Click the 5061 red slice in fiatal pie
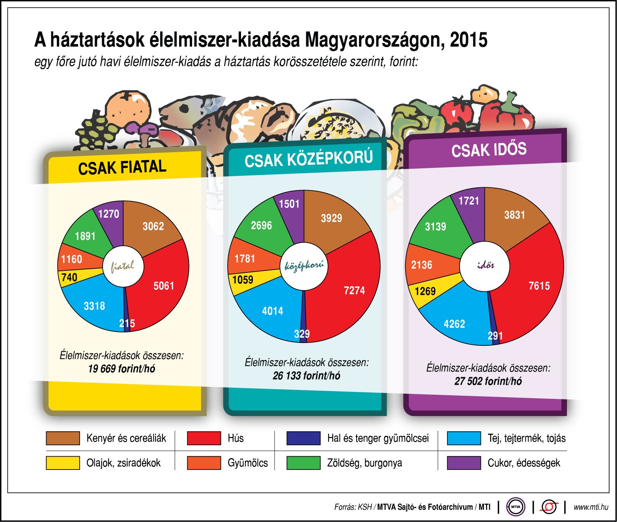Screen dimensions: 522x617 (x=163, y=286)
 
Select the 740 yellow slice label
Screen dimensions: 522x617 (x=69, y=277)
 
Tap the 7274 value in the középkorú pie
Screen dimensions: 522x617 (x=354, y=291)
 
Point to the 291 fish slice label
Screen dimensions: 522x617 (x=495, y=336)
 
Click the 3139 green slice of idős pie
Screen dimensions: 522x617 (x=436, y=227)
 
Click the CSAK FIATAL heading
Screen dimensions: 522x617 (x=122, y=168)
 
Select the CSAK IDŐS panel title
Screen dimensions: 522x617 (x=489, y=150)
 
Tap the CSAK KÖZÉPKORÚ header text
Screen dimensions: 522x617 (x=308, y=159)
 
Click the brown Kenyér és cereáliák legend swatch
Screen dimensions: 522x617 (x=63, y=438)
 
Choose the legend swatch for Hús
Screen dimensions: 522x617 (x=204, y=438)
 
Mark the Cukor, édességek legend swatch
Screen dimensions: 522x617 (x=464, y=463)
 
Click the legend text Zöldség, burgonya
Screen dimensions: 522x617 (x=365, y=463)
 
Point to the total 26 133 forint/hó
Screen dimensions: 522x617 (x=306, y=376)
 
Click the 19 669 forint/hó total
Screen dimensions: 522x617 (x=122, y=369)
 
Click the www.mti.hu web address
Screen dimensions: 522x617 (x=591, y=507)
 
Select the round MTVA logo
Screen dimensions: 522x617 (x=516, y=507)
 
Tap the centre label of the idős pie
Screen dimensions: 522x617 (x=485, y=265)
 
